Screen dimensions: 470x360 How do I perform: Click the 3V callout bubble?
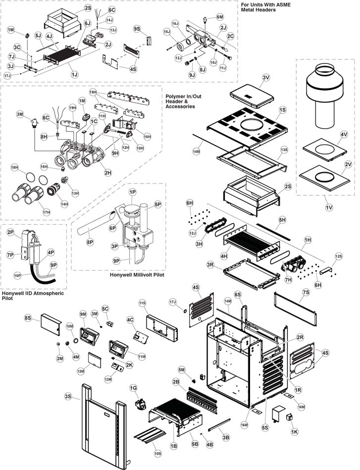[x=265, y=78]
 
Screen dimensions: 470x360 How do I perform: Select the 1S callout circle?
[x=283, y=109]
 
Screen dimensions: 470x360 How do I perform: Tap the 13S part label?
[x=284, y=149]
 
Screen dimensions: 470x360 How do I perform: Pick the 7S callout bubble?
[x=305, y=293]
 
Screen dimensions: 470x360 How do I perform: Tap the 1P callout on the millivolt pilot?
[x=133, y=191]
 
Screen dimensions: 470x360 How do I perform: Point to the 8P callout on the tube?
[x=90, y=242]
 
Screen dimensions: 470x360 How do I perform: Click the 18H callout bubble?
[x=14, y=169]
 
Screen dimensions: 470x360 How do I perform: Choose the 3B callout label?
[x=226, y=437]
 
